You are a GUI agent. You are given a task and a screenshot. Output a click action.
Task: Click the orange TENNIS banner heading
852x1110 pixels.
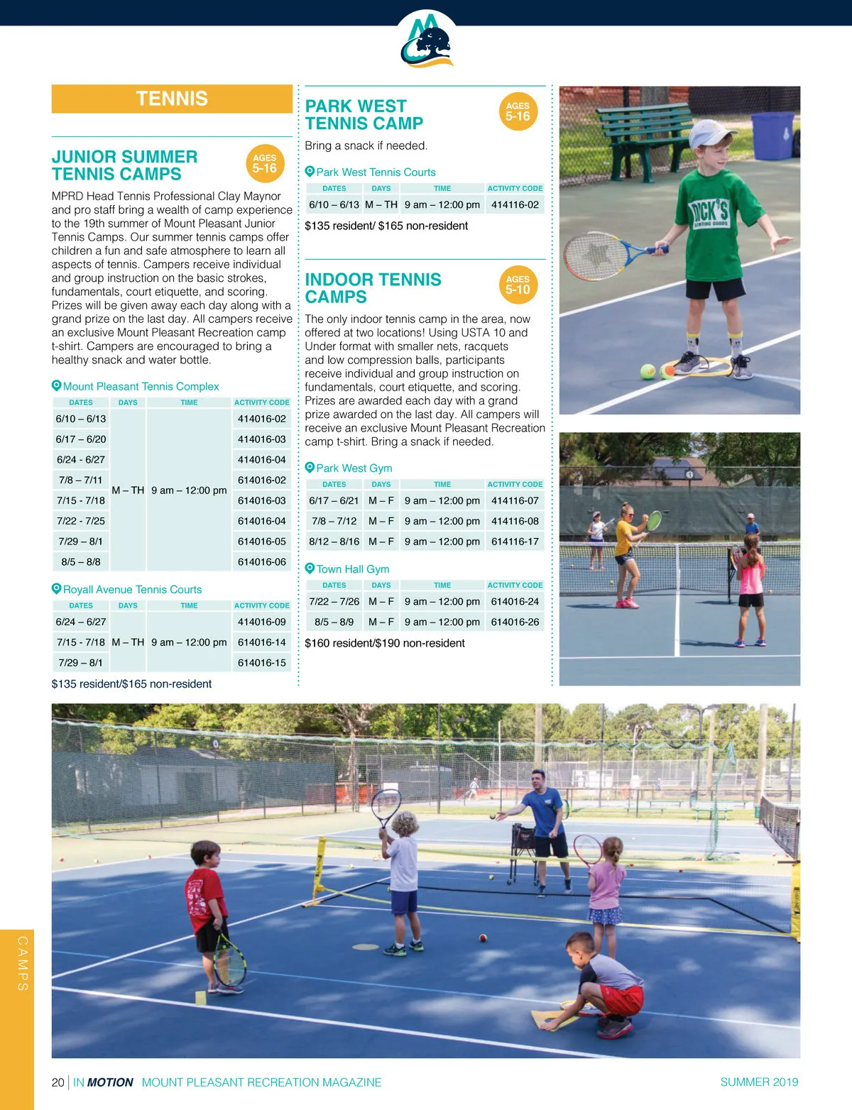172,99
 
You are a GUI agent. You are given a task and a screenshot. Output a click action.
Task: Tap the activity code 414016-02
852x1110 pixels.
261,419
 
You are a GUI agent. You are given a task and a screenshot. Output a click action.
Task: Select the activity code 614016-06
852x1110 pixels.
261,561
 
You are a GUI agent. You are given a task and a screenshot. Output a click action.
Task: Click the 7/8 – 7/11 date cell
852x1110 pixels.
81,480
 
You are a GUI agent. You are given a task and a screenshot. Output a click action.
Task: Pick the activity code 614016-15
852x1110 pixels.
261,662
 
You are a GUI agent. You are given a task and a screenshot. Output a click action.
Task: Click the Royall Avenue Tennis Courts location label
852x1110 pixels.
132,589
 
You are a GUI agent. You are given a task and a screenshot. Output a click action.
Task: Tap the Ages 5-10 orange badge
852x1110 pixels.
518,285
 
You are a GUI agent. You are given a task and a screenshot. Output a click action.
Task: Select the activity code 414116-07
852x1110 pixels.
515,500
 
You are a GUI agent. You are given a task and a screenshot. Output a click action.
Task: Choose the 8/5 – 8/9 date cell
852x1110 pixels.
334,622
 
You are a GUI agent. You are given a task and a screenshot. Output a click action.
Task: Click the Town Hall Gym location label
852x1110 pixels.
352,568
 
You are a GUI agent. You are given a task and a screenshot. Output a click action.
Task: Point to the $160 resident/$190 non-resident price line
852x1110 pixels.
385,643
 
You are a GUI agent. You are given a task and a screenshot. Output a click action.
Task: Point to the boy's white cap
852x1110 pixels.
693,132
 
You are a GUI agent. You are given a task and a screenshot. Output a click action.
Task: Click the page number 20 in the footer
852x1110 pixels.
58,1082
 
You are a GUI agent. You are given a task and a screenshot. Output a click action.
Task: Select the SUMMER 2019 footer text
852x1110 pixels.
759,1082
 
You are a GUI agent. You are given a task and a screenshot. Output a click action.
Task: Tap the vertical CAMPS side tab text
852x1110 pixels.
23,963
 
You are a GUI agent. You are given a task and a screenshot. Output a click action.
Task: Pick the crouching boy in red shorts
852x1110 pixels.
603,983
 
